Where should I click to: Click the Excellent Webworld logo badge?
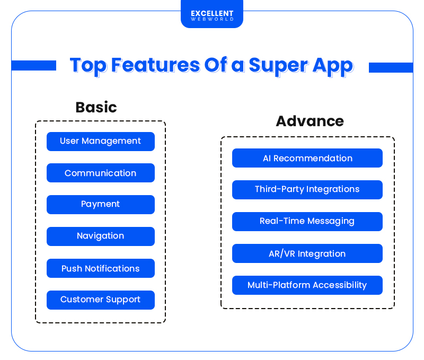[x=212, y=16]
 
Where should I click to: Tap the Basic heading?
[x=96, y=107]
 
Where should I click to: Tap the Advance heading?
[x=310, y=121]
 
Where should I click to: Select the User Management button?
[x=101, y=142]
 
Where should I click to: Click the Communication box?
[x=101, y=173]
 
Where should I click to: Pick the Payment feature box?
[x=101, y=205]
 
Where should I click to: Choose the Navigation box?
[x=101, y=236]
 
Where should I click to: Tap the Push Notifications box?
[x=101, y=268]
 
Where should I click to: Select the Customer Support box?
[x=101, y=300]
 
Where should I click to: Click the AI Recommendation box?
[x=307, y=158]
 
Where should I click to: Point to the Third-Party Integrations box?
[x=307, y=190]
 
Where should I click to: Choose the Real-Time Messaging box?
[x=307, y=222]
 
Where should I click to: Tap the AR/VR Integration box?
[x=307, y=253]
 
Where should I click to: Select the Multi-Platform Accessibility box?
[x=307, y=285]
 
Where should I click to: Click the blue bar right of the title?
[x=391, y=67]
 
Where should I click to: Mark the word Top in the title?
[x=88, y=66]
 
